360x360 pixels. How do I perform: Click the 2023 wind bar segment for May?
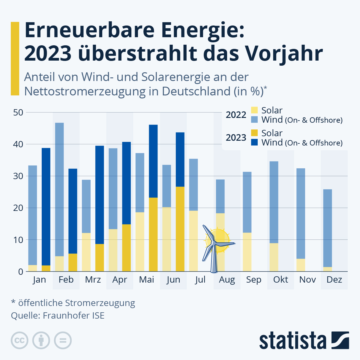point(153,161)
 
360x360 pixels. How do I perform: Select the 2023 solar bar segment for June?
point(180,229)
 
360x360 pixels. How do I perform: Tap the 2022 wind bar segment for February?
point(59,189)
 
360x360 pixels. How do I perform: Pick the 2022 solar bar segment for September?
point(247,252)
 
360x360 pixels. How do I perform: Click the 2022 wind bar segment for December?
point(328,228)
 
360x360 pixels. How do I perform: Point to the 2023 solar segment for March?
point(100,258)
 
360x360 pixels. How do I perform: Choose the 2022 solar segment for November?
point(301,265)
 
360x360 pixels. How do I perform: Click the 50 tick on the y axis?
point(18,112)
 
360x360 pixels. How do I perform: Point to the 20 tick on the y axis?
point(18,208)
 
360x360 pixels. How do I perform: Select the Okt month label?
point(280,280)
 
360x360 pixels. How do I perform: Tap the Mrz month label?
point(93,280)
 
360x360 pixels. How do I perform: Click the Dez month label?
point(334,280)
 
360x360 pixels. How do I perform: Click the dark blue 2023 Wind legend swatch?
point(254,142)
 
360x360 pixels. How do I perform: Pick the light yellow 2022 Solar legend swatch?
point(254,110)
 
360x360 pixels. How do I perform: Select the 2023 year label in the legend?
point(236,137)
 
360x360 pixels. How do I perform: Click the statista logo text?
point(292,341)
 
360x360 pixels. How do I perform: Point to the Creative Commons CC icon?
point(19,340)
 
